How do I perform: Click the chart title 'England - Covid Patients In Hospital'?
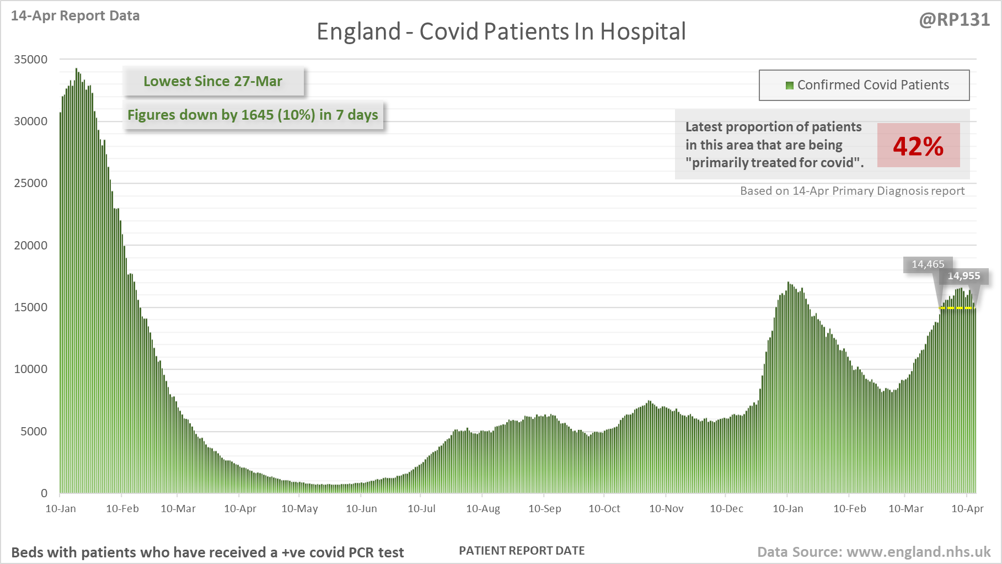pos(501,31)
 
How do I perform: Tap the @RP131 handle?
pos(954,20)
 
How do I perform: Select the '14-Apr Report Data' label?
pos(75,15)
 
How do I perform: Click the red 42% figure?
pos(918,146)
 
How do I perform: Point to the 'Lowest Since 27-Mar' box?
pos(213,81)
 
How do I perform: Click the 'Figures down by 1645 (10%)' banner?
pos(253,115)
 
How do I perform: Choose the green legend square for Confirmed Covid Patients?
pos(789,85)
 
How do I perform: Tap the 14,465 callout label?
pos(928,264)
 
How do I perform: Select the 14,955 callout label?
pos(964,276)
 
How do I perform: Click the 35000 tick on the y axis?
pos(31,59)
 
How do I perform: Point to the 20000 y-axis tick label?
pos(31,245)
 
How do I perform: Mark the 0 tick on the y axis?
pos(44,493)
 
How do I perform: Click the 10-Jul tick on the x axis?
pos(421,508)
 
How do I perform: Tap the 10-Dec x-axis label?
pos(726,508)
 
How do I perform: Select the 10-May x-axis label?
pos(299,508)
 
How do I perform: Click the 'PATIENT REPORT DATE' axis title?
pos(522,551)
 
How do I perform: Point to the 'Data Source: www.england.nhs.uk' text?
pos(874,552)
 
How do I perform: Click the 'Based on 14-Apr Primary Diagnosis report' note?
pos(852,191)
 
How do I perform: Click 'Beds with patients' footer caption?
pos(207,552)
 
